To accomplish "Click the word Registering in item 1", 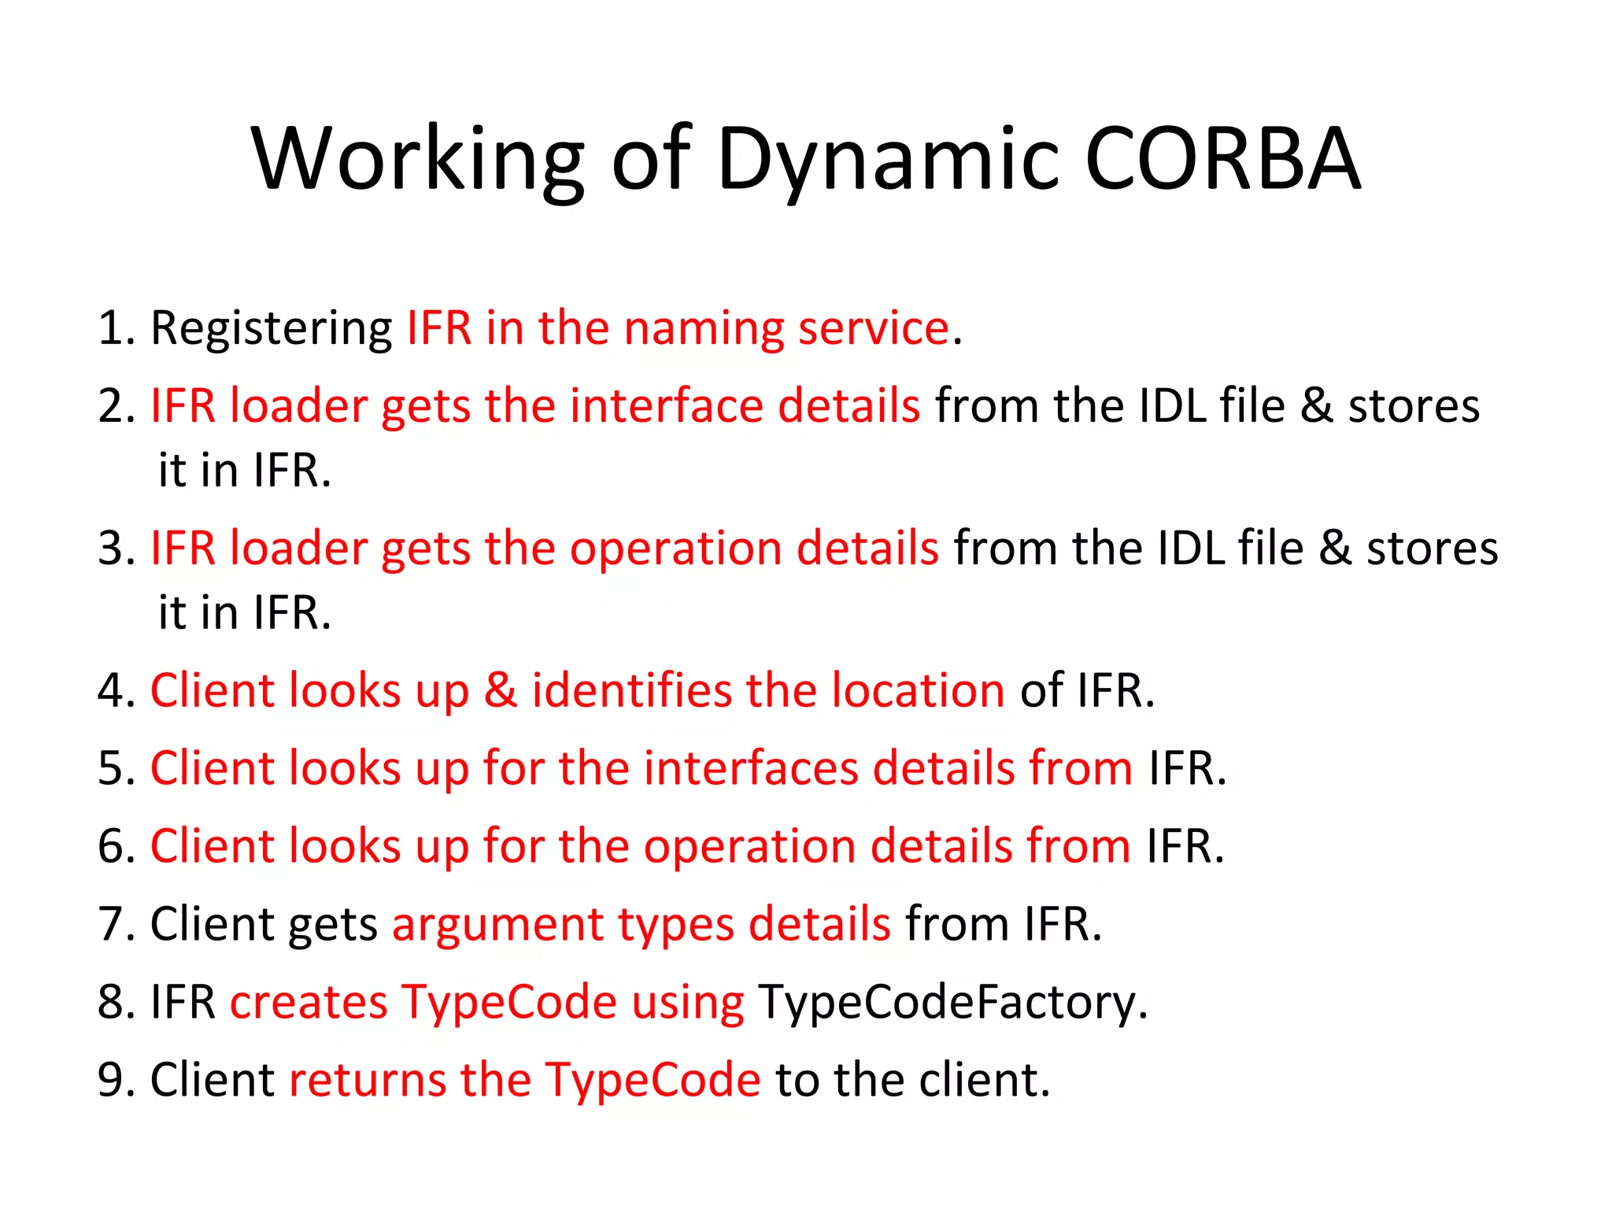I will point(271,328).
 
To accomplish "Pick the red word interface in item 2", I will point(666,406).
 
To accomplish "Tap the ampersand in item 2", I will point(1316,406).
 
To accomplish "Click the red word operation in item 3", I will point(675,548).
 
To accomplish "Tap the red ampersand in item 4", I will point(501,690).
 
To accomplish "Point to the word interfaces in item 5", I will point(751,768).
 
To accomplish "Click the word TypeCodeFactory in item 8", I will point(953,1003).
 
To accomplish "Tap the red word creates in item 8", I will point(309,1002).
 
